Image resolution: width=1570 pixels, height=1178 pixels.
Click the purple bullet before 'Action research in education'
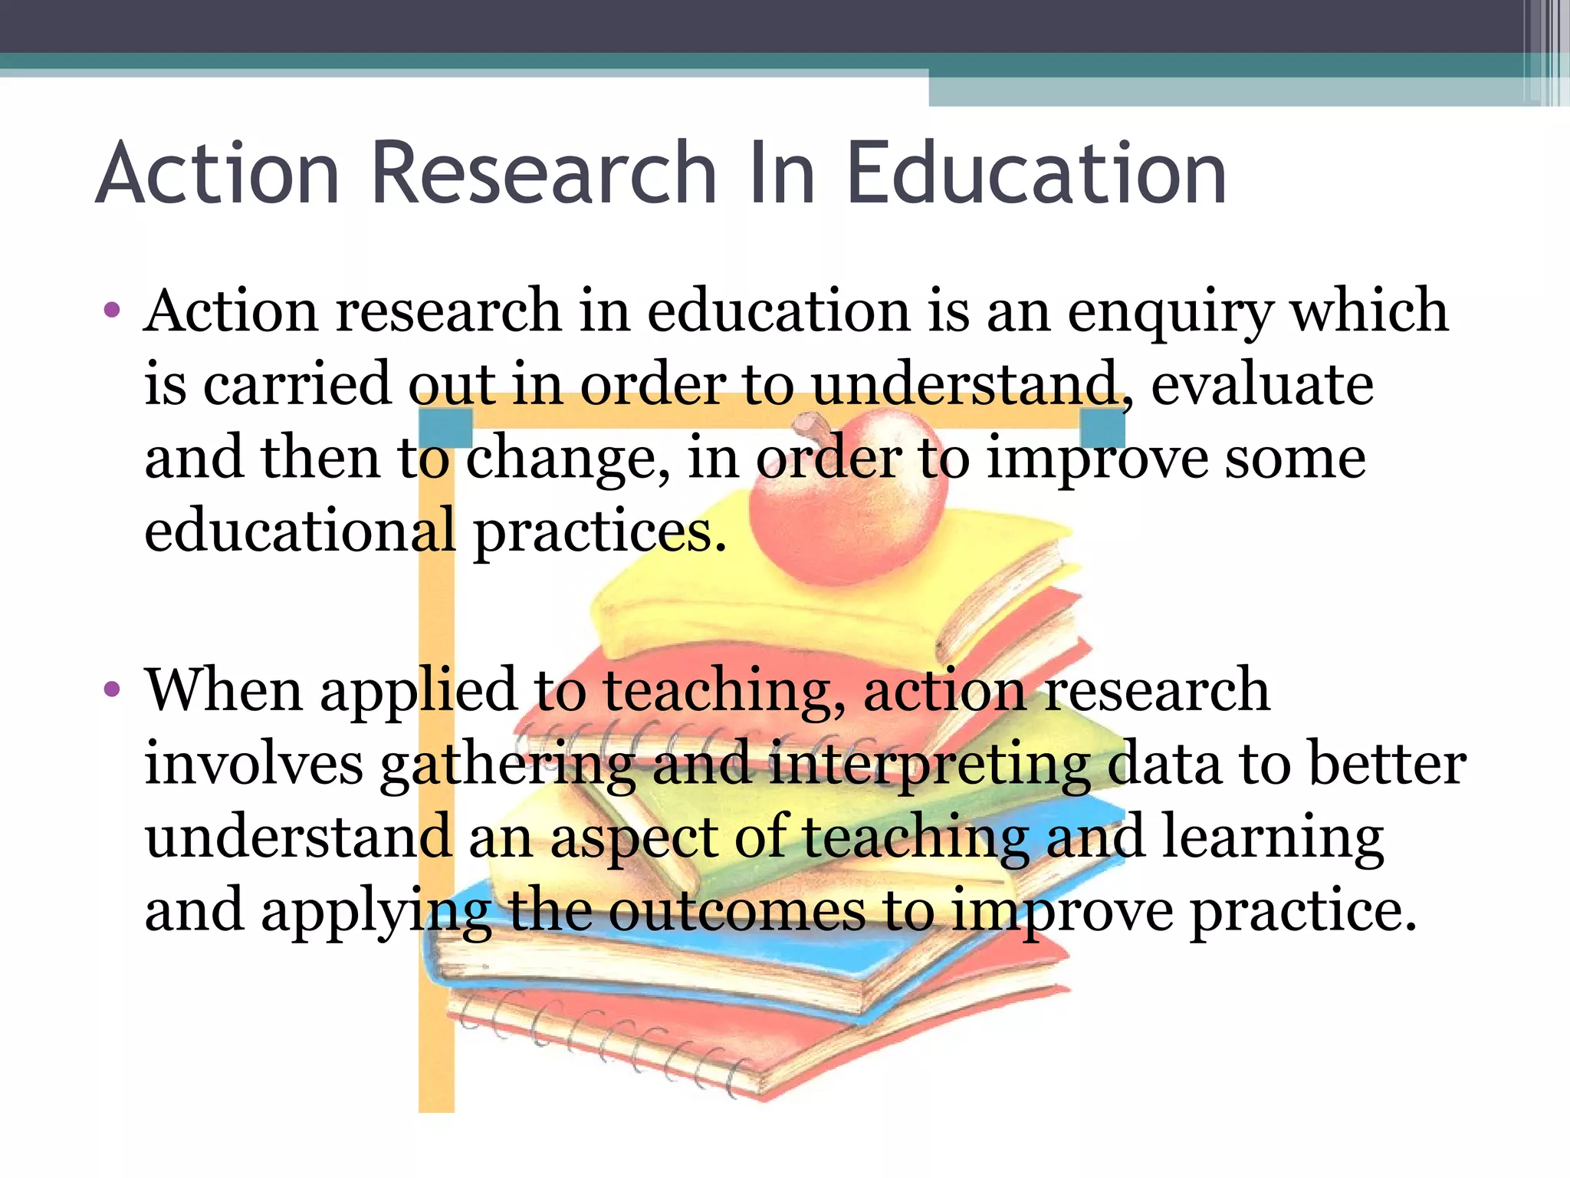[x=112, y=311]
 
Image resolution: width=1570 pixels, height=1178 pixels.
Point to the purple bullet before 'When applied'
[x=112, y=689]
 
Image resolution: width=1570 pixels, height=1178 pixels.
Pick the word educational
[x=300, y=531]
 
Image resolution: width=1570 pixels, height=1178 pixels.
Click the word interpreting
[x=930, y=765]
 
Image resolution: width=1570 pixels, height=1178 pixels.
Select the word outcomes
[x=736, y=910]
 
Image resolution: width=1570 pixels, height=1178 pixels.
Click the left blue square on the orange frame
[x=445, y=428]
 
